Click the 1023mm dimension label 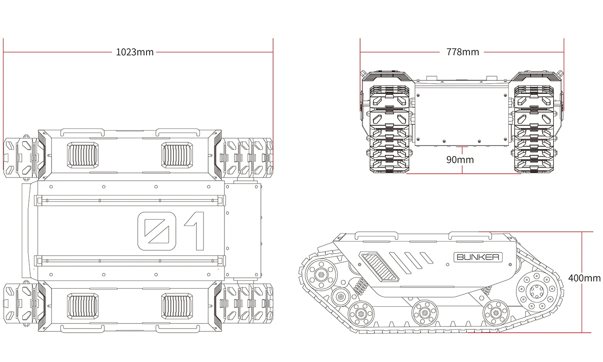135,52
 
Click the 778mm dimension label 462,52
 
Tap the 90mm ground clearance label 460,160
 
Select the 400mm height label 584,278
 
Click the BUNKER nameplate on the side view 478,257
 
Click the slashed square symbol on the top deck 156,231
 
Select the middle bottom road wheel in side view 425,312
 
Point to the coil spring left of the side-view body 361,287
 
